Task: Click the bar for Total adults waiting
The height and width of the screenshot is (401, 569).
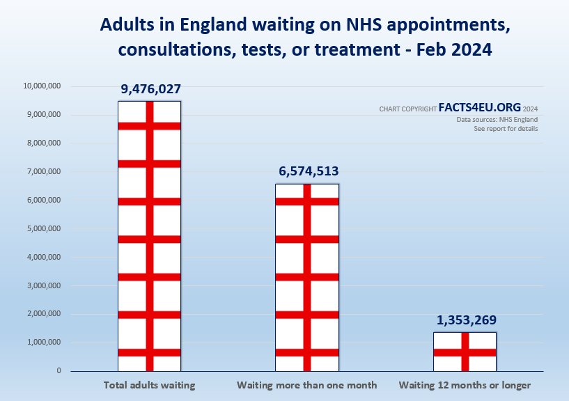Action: coord(149,237)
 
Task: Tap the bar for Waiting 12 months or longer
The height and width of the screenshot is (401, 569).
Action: coord(465,352)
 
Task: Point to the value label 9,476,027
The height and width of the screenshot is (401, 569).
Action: coord(149,89)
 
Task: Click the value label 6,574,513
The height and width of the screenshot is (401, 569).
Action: coord(307,171)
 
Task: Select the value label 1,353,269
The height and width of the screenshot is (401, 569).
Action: coord(466,320)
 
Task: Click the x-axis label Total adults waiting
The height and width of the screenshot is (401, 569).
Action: coord(149,385)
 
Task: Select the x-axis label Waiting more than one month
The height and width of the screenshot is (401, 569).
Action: coord(306,385)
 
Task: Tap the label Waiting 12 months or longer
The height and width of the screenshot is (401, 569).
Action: coord(465,385)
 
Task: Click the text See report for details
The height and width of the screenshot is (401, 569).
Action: coord(506,129)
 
